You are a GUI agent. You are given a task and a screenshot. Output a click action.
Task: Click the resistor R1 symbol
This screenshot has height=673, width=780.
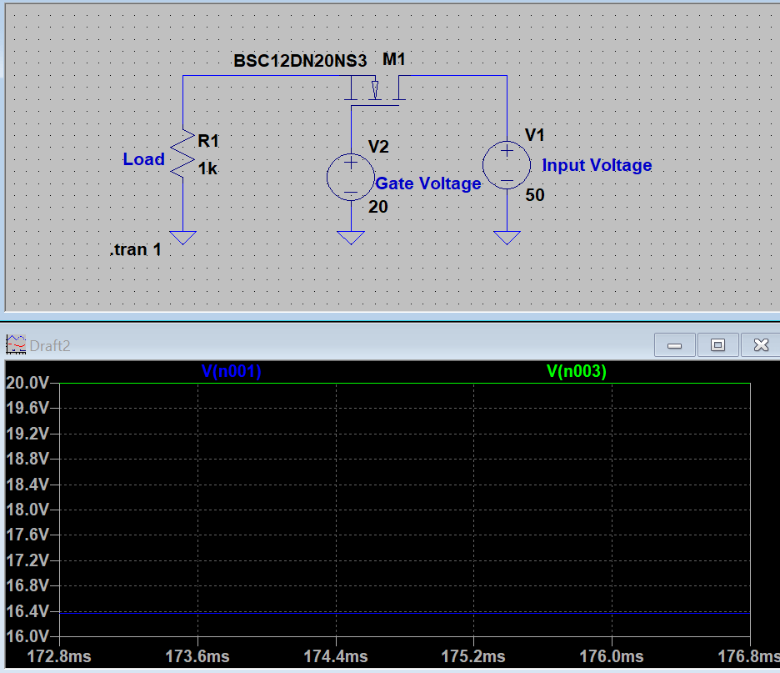[182, 155]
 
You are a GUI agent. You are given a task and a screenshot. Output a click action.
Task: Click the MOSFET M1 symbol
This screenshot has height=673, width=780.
[376, 89]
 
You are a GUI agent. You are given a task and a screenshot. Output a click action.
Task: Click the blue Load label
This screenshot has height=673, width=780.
[143, 159]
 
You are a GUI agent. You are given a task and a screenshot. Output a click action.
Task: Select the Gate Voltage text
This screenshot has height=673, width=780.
[428, 183]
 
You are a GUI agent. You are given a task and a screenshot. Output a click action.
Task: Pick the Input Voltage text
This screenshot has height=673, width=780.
[597, 165]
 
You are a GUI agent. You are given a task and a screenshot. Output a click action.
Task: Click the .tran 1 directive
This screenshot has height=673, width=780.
[136, 249]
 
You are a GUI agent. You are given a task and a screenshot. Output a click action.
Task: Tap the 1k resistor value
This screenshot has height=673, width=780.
[207, 168]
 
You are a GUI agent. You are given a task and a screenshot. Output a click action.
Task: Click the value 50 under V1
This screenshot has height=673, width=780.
[535, 195]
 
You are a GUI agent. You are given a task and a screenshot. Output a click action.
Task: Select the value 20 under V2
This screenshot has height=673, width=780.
[378, 207]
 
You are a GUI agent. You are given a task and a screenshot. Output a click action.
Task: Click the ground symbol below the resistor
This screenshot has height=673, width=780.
[182, 238]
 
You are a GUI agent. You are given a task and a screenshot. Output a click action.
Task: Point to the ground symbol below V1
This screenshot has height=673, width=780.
[507, 238]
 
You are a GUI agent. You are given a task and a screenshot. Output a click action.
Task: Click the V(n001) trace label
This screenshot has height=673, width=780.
[232, 372]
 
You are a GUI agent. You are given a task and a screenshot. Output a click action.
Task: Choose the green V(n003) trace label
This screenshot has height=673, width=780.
[577, 372]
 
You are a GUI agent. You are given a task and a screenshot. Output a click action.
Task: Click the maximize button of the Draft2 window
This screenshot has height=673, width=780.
[717, 344]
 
